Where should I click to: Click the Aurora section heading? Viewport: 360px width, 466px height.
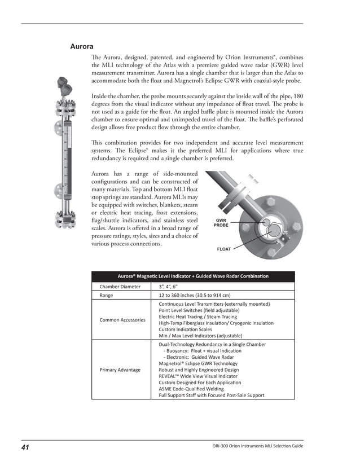pos(81,46)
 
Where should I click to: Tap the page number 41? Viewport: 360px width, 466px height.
pos(25,447)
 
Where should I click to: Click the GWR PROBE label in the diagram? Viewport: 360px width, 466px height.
pos(221,223)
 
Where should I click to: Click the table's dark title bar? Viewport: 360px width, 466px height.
pos(193,276)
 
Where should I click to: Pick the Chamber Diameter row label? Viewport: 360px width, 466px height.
pos(120,287)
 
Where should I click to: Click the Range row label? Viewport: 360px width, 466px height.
pos(106,295)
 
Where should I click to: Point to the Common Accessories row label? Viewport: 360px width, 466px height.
pos(122,320)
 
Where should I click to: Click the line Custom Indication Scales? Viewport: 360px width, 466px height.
pos(186,329)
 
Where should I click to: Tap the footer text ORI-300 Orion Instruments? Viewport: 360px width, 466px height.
pos(254,447)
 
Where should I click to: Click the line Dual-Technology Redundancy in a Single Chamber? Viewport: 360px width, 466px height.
pos(212,344)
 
